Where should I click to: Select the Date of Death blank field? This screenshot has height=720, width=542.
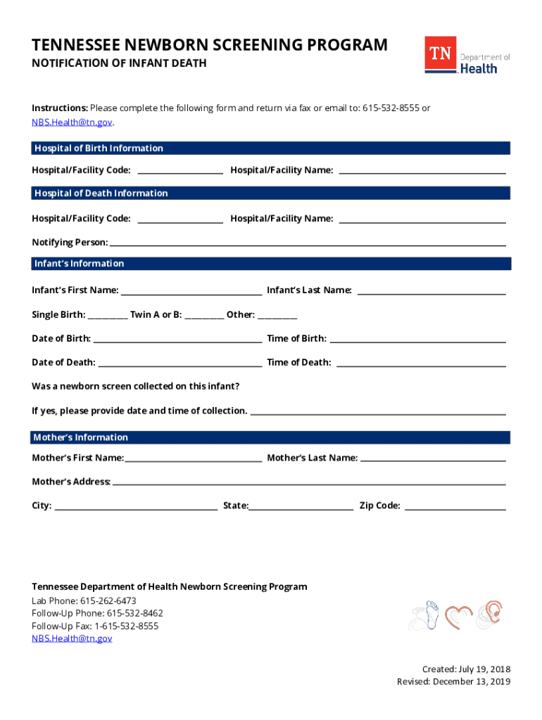[179, 364]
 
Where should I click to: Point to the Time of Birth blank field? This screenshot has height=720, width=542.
[417, 340]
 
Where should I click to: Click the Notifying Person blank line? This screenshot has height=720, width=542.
[308, 243]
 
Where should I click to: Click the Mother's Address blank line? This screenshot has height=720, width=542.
[309, 483]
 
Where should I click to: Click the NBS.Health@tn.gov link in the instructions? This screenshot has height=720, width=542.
[72, 122]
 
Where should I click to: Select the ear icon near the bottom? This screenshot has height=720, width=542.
[490, 613]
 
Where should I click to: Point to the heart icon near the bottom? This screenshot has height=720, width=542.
[458, 616]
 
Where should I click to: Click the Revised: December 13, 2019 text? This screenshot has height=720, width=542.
[453, 682]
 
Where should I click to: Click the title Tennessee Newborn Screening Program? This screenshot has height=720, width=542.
[210, 46]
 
